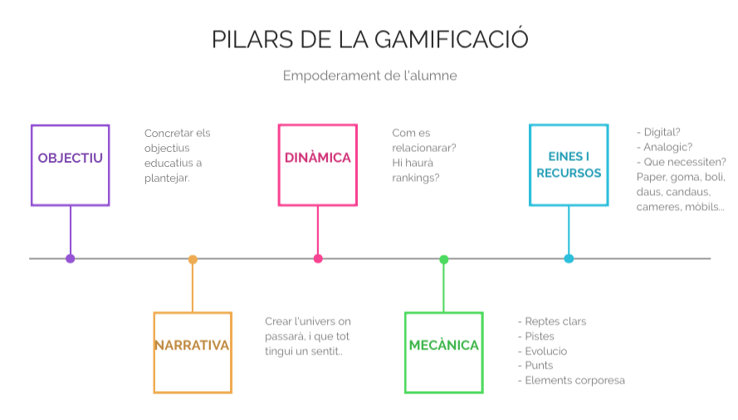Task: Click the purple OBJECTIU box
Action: tap(71, 165)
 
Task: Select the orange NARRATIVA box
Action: tap(193, 353)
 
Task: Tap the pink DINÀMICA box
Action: tap(318, 164)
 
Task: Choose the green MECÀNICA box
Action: tap(444, 353)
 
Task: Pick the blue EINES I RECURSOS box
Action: tap(569, 164)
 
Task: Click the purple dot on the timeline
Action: tap(71, 259)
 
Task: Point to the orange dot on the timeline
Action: tap(193, 259)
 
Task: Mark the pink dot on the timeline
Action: tap(318, 259)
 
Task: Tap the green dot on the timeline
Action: tap(444, 259)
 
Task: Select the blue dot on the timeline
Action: tap(569, 259)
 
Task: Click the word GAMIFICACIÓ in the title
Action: tap(452, 39)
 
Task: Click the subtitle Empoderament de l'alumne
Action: tap(369, 76)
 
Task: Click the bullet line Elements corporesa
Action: tap(573, 380)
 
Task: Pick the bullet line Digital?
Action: tap(661, 132)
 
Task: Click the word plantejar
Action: tap(167, 178)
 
